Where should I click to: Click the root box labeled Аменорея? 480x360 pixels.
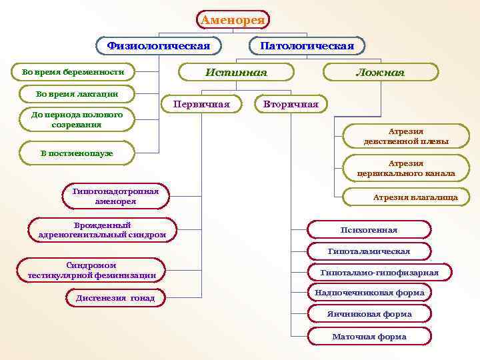pos(233,20)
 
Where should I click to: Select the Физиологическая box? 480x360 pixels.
pos(159,46)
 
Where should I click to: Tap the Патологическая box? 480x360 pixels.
pos(307,46)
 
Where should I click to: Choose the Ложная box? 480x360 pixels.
pos(380,72)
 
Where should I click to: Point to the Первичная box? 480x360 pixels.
pos(201,104)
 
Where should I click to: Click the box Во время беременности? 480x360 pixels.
pos(73,71)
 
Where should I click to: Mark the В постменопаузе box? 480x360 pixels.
pos(77,153)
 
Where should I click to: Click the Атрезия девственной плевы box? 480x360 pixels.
pos(406,137)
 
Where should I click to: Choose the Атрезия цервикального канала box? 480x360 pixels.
pos(406,168)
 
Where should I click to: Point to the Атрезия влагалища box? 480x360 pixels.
pos(406,197)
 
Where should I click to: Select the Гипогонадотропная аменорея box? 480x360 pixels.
pos(115,196)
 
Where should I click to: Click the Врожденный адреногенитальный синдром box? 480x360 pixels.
pos(103,230)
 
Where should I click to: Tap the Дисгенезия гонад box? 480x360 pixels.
pos(115,298)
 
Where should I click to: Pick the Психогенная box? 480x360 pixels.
pos(369,230)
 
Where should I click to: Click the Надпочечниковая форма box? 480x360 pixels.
pos(369,293)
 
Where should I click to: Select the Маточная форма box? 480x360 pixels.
pos(369,337)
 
